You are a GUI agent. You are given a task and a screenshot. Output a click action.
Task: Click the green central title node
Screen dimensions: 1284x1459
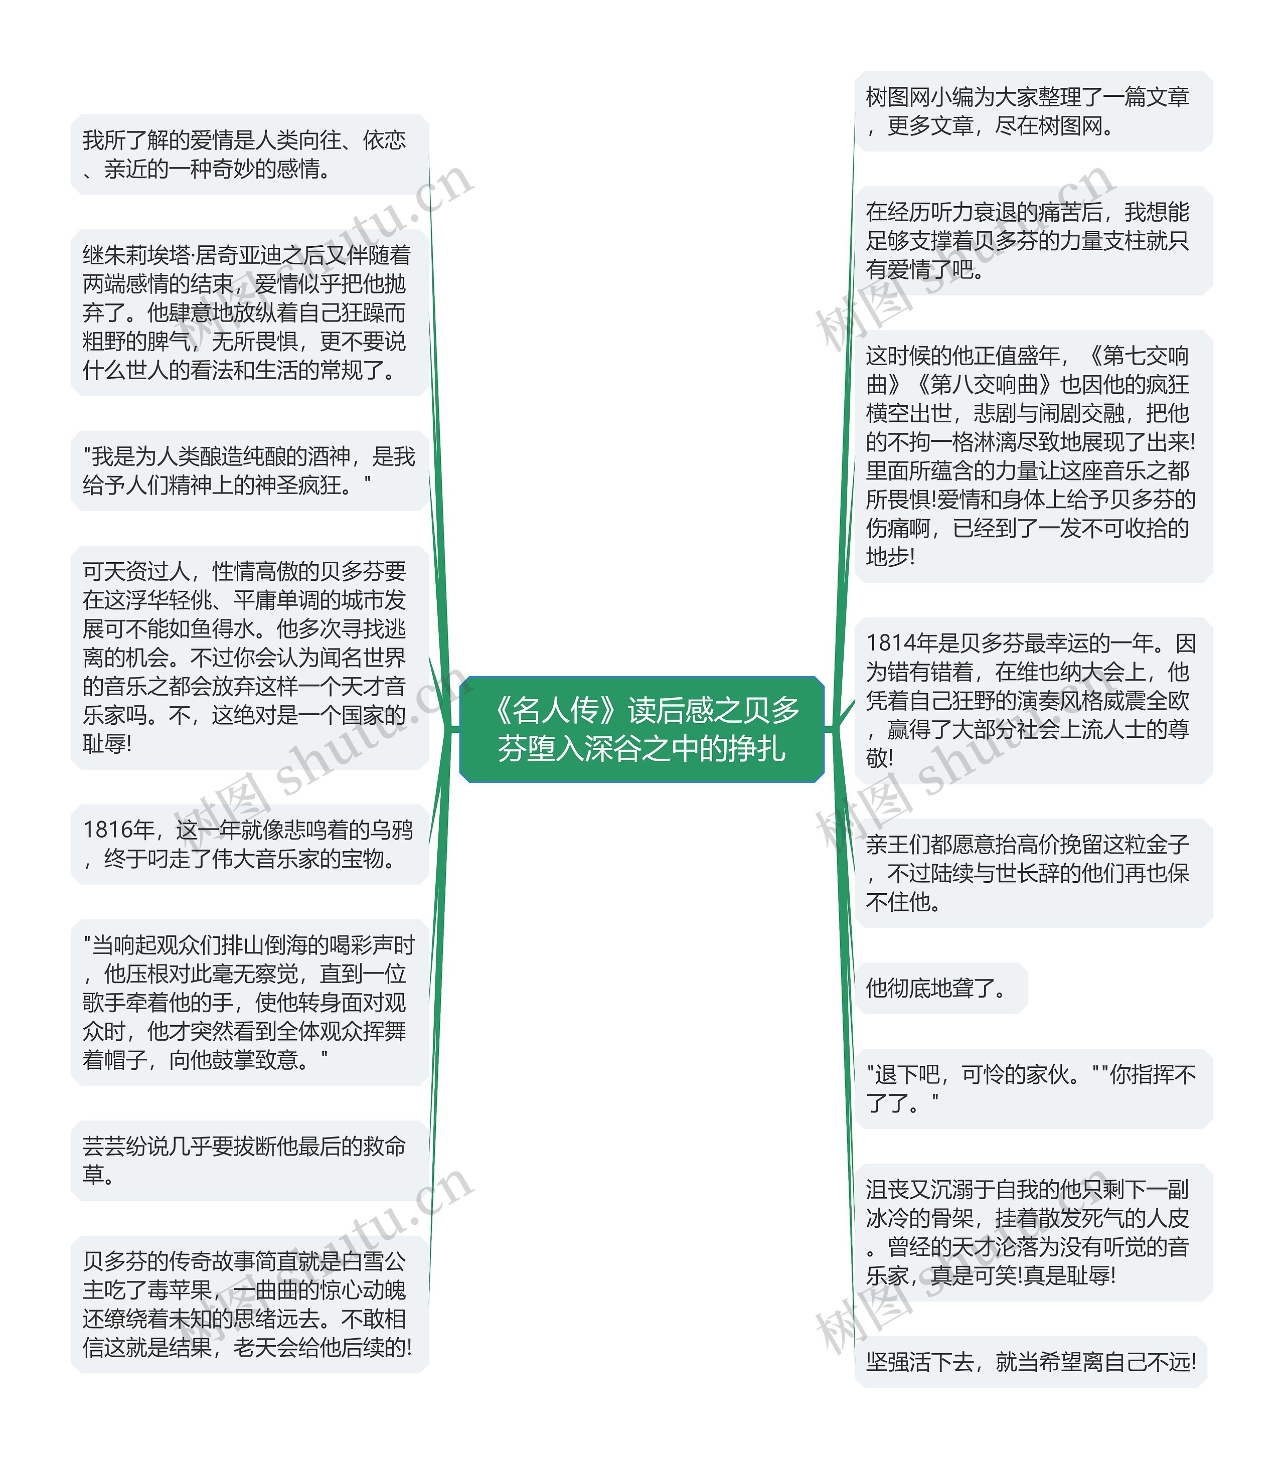pyautogui.click(x=641, y=729)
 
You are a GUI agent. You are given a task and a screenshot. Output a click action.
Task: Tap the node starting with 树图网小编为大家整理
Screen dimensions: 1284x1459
pyautogui.click(x=1032, y=111)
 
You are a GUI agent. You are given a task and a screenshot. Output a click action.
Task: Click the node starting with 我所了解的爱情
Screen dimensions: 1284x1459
pyautogui.click(x=249, y=154)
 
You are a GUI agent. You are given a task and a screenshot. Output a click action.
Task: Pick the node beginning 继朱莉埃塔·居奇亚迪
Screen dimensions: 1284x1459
pyautogui.click(x=249, y=312)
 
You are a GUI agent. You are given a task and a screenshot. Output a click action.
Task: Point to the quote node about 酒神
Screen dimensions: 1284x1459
pyautogui.click(x=249, y=470)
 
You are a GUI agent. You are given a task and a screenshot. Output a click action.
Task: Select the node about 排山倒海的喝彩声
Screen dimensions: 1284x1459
pyautogui.click(x=249, y=1002)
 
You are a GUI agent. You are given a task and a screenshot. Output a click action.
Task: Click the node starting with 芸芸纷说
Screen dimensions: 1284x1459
pyautogui.click(x=249, y=1160)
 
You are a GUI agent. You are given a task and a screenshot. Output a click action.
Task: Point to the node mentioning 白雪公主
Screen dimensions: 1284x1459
pyautogui.click(x=249, y=1304)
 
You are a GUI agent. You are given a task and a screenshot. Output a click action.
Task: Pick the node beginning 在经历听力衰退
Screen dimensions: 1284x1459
pyautogui.click(x=1032, y=241)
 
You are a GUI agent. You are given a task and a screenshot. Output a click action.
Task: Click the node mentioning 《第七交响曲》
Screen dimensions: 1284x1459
pyautogui.click(x=1032, y=456)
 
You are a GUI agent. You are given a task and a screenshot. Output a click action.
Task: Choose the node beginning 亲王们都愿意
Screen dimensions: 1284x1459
pyautogui.click(x=1032, y=873)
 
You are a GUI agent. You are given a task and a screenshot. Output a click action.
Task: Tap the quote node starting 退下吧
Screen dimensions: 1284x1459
pyautogui.click(x=1032, y=1088)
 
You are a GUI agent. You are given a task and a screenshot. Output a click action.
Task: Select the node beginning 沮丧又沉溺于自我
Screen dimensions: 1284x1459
pyautogui.click(x=1032, y=1232)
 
